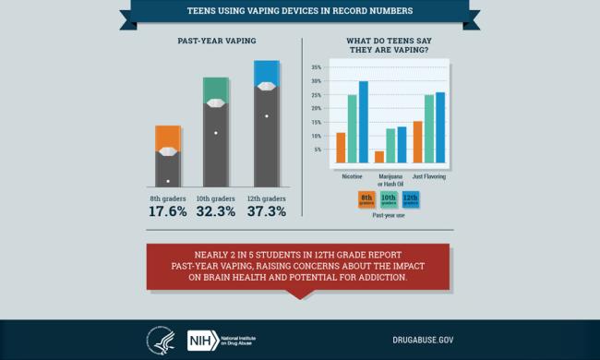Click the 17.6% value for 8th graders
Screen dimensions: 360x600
pyautogui.click(x=168, y=211)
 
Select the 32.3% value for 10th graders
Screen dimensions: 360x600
pyautogui.click(x=216, y=211)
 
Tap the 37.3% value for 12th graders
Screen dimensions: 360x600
pyautogui.click(x=266, y=211)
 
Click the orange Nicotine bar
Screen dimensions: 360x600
pyautogui.click(x=341, y=148)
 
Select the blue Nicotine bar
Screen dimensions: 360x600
pyautogui.click(x=363, y=122)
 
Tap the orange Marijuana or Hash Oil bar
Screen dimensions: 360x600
pyautogui.click(x=379, y=157)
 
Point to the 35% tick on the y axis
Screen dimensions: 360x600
pyautogui.click(x=316, y=67)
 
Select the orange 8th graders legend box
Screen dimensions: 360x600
pyautogui.click(x=366, y=198)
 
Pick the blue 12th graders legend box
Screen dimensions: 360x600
pyautogui.click(x=410, y=198)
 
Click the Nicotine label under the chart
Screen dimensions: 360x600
pyautogui.click(x=351, y=175)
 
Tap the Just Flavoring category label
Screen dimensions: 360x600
pyautogui.click(x=429, y=175)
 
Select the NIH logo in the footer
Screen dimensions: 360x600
pyautogui.click(x=201, y=338)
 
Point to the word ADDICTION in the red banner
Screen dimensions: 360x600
pyautogui.click(x=401, y=277)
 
